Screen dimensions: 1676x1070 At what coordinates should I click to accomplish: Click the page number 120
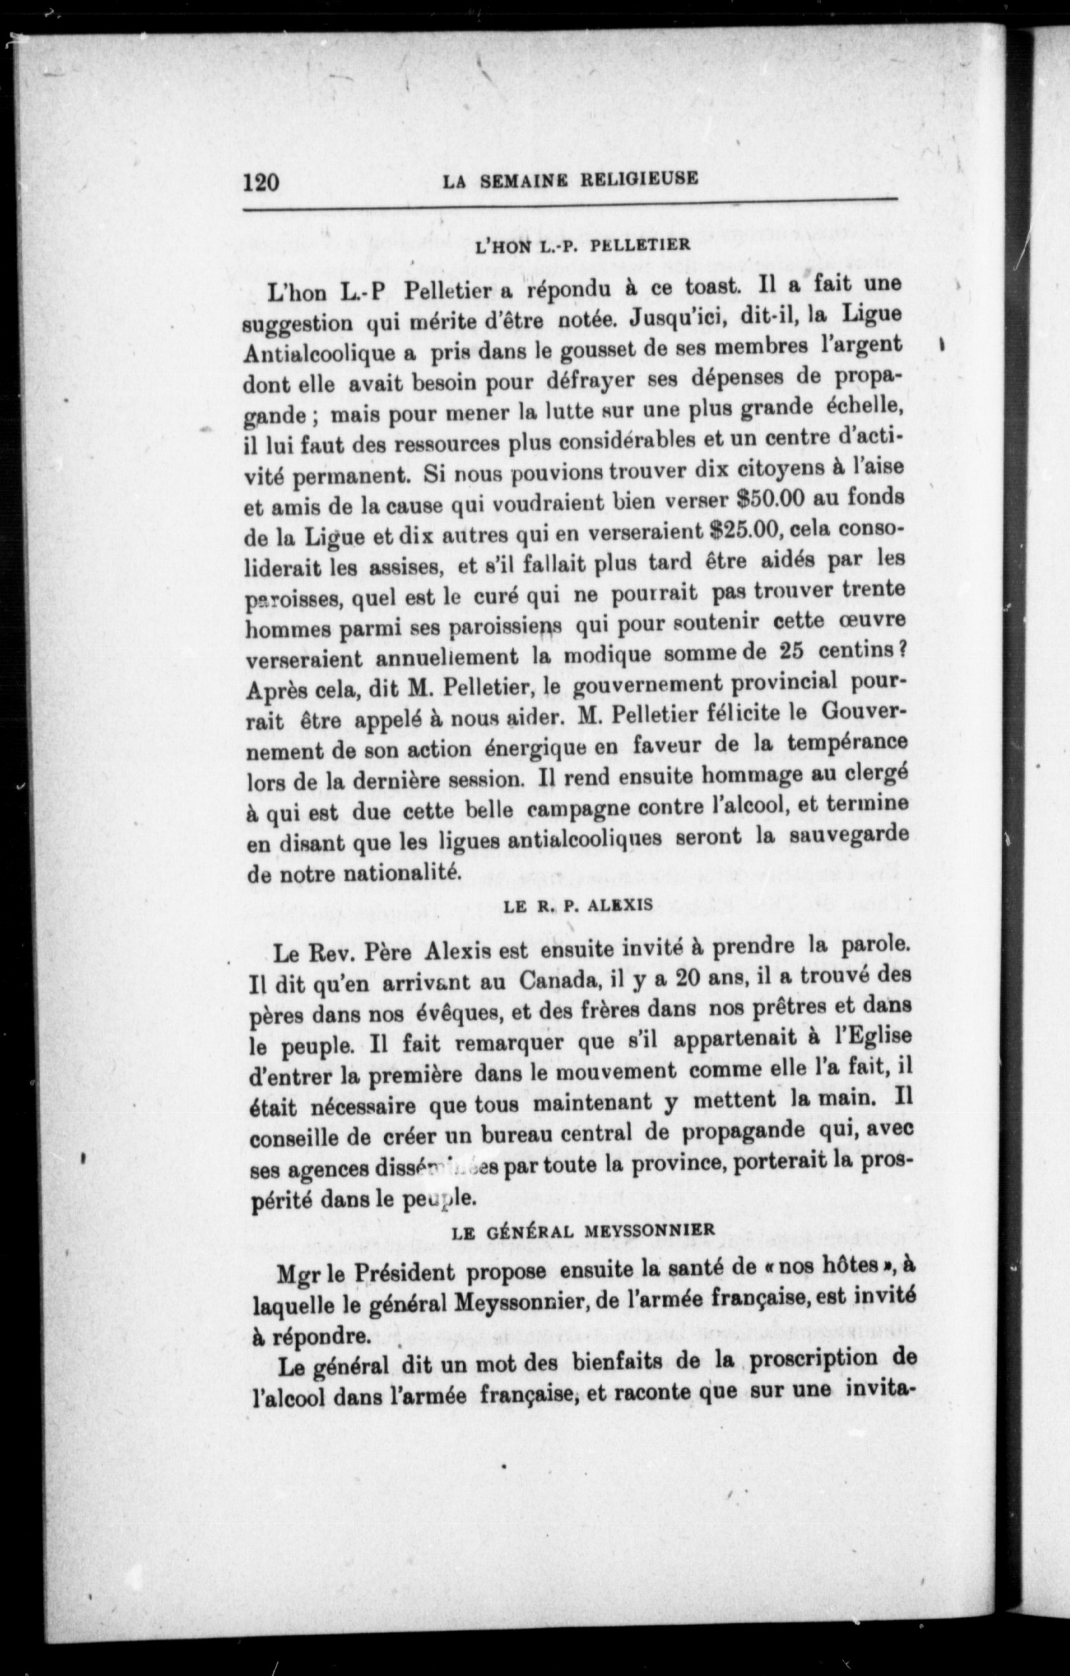coord(261,183)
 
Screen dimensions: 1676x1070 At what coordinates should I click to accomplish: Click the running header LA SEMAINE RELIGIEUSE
coord(569,180)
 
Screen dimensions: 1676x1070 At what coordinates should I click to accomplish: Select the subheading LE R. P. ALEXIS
coord(578,905)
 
